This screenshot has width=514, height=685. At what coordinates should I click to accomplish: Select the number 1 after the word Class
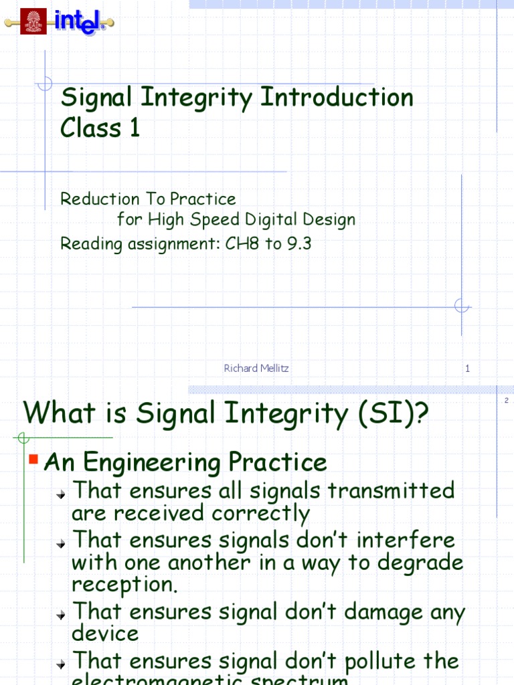tap(135, 127)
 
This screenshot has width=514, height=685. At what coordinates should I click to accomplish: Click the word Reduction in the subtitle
tap(96, 199)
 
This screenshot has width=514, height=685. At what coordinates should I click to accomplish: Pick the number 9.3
tap(299, 244)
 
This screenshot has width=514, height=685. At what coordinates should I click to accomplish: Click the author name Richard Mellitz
tap(256, 368)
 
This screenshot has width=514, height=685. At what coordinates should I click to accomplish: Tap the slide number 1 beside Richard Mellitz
tap(467, 368)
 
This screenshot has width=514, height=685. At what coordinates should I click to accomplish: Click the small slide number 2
tap(507, 400)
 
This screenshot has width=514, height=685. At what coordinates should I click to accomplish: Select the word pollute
tap(365, 661)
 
